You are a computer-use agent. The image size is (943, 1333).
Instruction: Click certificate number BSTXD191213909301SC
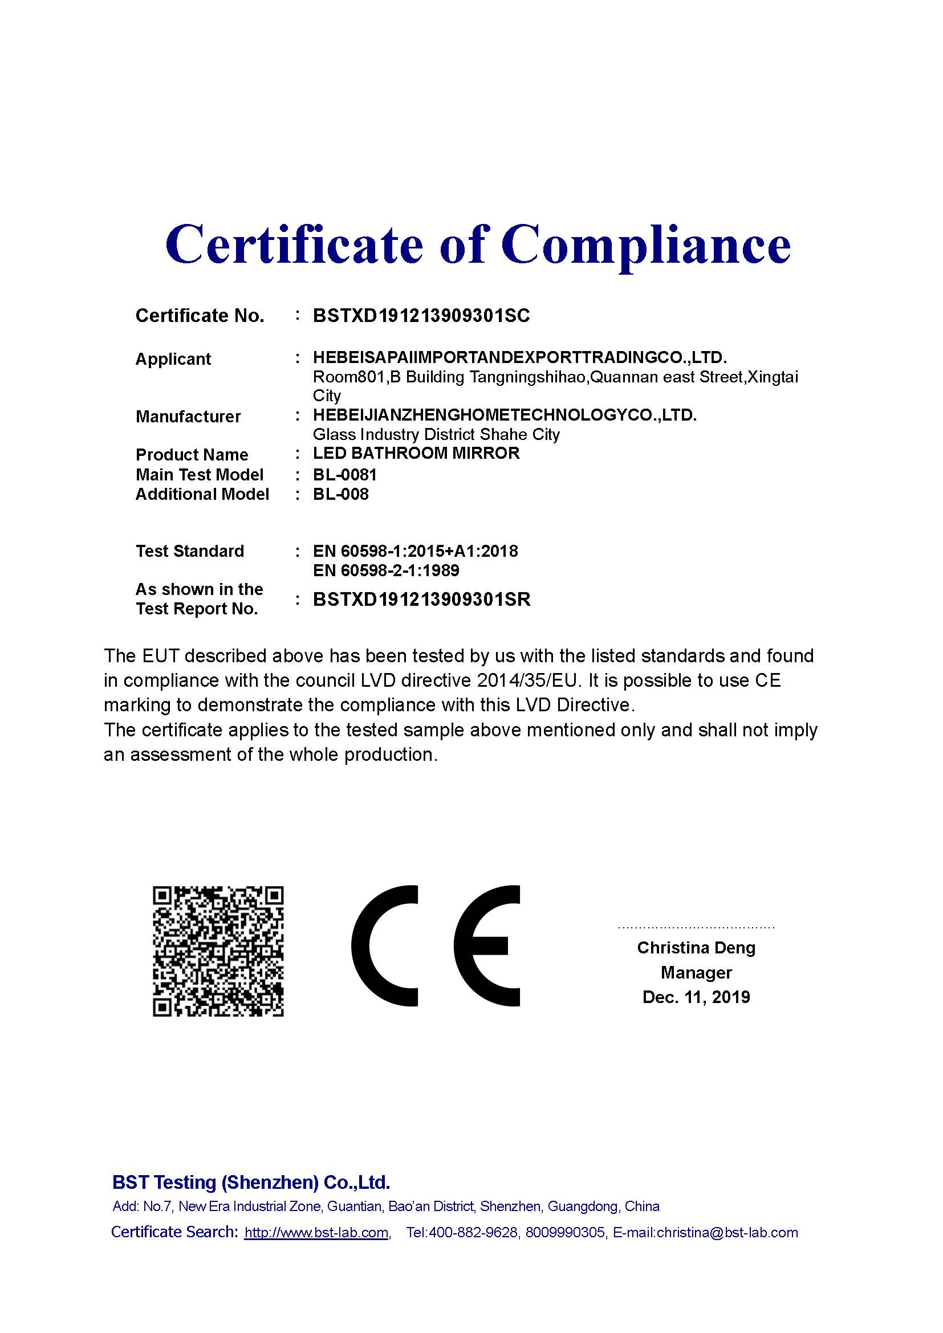421,315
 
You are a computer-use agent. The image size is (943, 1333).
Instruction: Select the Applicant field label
173,359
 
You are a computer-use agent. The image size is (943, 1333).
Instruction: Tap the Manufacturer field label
188,416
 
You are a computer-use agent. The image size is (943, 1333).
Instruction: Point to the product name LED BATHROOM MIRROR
416,453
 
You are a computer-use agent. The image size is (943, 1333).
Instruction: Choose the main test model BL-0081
345,475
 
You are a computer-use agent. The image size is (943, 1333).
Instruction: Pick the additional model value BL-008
341,494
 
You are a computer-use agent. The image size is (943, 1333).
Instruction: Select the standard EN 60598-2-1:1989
385,570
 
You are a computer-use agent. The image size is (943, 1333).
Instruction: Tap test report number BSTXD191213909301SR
421,599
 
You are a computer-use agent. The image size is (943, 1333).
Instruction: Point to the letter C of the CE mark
384,946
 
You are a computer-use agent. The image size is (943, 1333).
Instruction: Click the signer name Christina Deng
696,948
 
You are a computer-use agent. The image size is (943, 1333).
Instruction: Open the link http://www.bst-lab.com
316,1233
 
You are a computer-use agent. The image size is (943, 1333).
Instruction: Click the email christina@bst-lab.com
727,1233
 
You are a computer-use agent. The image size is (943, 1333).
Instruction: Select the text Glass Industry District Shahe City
436,434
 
